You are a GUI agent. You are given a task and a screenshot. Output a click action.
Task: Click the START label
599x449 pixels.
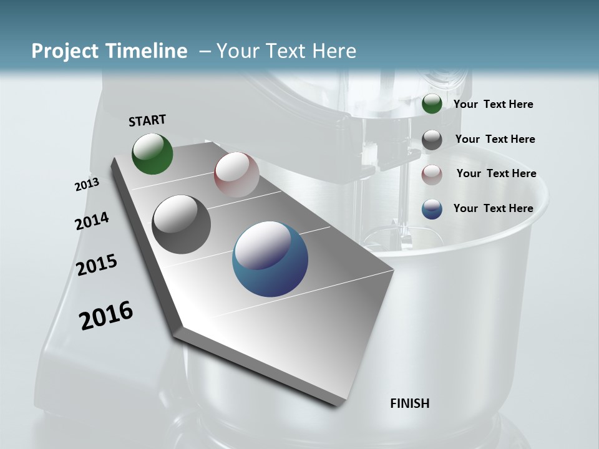click(147, 120)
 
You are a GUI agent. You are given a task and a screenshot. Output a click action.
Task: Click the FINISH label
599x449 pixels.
click(409, 403)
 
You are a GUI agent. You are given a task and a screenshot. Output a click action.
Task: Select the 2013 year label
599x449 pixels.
click(87, 185)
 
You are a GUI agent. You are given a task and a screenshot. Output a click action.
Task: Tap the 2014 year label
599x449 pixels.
click(92, 221)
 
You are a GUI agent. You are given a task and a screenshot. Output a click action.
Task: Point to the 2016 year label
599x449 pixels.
click(106, 316)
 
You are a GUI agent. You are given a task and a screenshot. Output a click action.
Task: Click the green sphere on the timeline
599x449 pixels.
click(152, 153)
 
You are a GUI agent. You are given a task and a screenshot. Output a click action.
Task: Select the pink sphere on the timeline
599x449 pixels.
click(236, 175)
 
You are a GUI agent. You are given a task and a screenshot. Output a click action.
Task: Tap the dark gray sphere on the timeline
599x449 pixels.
click(182, 224)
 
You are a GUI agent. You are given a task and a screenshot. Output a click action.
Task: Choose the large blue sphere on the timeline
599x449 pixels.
click(270, 259)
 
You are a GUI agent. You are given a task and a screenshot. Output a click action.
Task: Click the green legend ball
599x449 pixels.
click(432, 104)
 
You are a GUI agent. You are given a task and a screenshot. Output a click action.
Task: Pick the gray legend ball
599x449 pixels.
click(432, 140)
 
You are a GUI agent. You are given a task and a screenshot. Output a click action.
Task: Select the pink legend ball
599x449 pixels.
click(432, 175)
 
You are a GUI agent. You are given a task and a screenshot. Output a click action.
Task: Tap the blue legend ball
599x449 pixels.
click(432, 209)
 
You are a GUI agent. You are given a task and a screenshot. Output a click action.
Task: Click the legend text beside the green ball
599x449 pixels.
click(493, 105)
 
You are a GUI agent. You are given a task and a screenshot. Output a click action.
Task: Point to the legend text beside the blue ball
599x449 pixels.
click(493, 208)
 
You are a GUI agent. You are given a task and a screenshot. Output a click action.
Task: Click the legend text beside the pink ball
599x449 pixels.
click(496, 173)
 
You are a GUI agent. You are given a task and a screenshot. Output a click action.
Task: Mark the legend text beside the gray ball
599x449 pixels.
click(495, 139)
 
